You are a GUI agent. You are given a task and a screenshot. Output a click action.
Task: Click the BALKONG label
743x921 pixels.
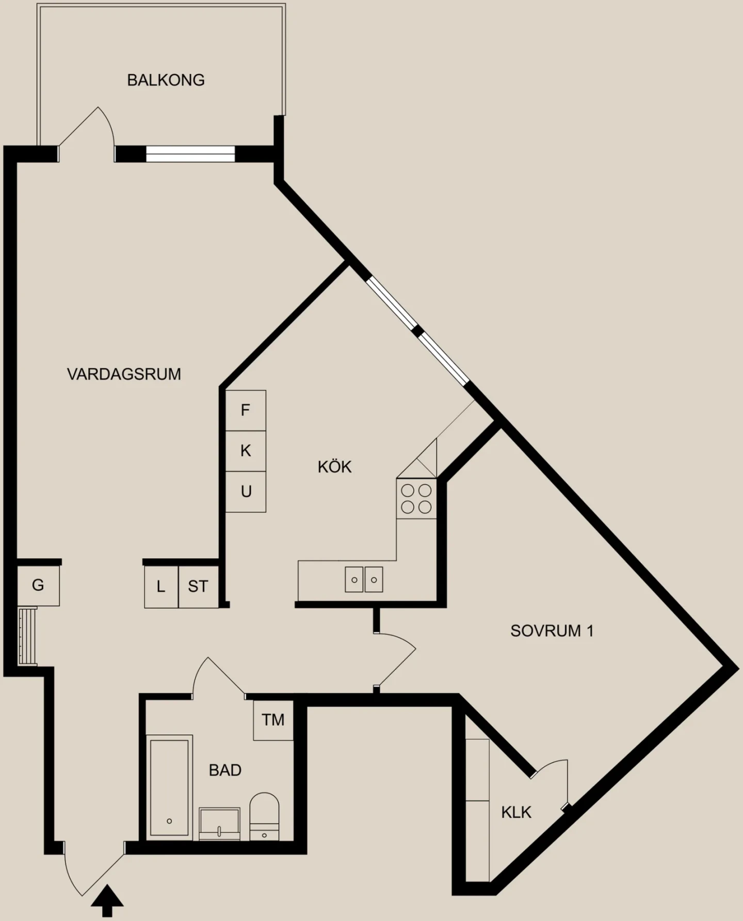(x=166, y=80)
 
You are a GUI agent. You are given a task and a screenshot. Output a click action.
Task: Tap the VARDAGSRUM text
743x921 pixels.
(x=124, y=374)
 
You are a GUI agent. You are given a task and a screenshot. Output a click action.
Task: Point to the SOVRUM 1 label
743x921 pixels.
(x=552, y=631)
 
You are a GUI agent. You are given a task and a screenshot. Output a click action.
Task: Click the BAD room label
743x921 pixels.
(x=225, y=770)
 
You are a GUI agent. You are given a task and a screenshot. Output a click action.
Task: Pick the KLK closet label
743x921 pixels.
(x=516, y=813)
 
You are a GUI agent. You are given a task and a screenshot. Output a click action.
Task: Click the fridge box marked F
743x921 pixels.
(x=246, y=411)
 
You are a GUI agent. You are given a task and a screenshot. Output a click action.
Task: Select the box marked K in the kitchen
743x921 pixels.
(x=246, y=451)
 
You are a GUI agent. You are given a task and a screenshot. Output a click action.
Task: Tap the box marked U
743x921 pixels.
(x=246, y=492)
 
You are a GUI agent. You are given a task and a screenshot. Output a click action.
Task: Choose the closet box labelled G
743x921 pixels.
(x=38, y=586)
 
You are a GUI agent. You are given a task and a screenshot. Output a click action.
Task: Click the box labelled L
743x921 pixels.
(x=161, y=587)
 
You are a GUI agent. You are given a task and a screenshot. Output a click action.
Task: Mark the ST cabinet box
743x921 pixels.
(x=199, y=587)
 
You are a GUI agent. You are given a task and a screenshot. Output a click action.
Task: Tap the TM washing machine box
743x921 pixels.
(x=273, y=720)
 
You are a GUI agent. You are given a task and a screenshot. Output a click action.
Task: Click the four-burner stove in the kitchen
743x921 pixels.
(x=416, y=499)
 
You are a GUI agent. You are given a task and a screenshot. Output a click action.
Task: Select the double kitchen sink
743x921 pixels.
(x=364, y=579)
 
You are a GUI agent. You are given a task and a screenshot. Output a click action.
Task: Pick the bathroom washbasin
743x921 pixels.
(x=219, y=823)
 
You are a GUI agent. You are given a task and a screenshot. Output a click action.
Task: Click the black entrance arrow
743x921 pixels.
(x=107, y=900)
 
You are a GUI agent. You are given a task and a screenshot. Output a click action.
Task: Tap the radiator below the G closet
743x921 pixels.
(x=27, y=636)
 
